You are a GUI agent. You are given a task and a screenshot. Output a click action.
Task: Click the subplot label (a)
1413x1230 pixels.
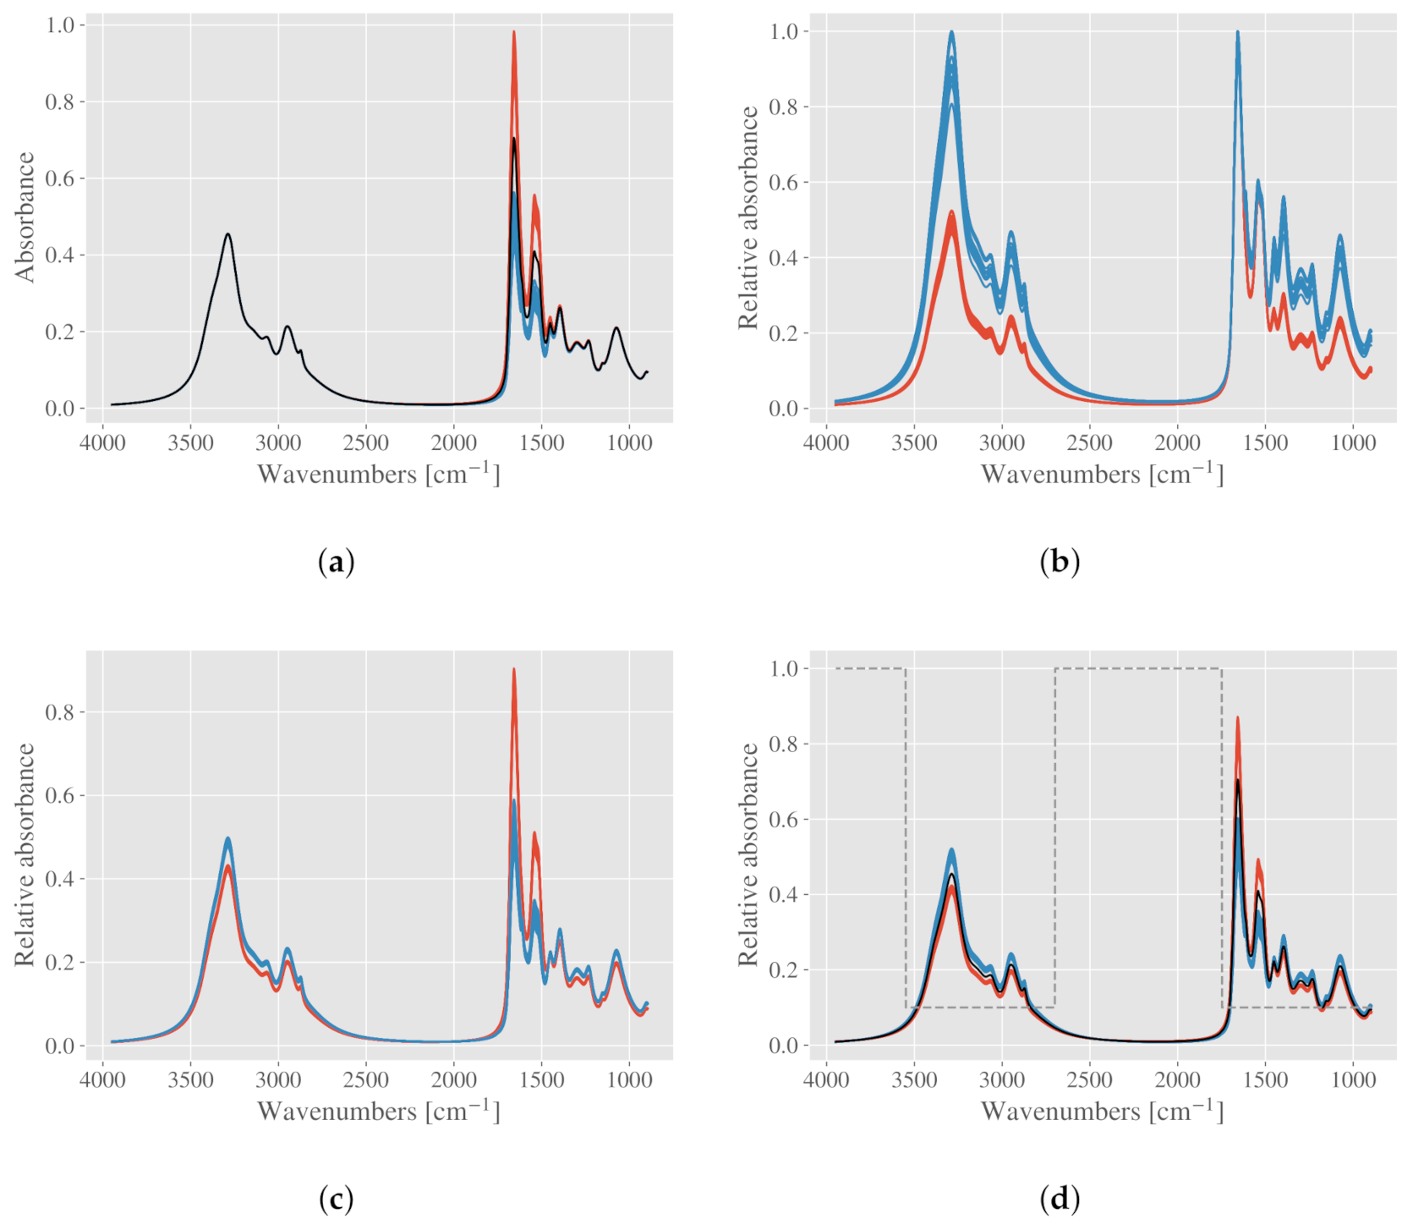336,562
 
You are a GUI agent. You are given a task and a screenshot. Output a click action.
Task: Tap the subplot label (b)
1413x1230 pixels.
1059,562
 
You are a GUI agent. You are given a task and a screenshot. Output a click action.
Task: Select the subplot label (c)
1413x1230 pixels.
336,1198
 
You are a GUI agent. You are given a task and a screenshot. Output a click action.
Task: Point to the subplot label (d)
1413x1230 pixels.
1059,1198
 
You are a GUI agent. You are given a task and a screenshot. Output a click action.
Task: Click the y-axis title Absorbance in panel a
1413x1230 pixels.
25,217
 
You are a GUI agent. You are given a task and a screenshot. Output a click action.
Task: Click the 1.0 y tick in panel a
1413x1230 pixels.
59,25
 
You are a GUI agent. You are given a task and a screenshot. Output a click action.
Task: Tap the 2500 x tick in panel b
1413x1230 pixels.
1089,442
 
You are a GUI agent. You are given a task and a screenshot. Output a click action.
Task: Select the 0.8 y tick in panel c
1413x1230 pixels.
59,712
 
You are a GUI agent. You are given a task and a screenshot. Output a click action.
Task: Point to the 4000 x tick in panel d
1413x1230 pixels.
826,1079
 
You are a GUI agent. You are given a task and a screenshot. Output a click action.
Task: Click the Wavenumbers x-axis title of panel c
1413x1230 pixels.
379,1111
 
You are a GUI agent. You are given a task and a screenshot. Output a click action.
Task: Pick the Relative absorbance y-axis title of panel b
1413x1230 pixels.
748,217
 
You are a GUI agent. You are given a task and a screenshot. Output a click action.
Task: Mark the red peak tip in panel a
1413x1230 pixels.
513,33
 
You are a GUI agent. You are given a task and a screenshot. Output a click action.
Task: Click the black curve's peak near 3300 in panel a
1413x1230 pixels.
227,234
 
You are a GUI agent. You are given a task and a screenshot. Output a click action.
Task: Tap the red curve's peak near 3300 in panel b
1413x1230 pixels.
952,212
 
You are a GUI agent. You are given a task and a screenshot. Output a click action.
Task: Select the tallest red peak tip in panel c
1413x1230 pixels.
513,670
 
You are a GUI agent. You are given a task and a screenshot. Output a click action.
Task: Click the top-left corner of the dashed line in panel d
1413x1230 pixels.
836,668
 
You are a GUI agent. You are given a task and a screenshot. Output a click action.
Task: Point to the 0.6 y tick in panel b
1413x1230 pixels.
783,183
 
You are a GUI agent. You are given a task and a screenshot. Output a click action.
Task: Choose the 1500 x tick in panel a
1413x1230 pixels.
541,442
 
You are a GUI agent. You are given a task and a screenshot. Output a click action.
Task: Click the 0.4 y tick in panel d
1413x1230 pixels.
783,895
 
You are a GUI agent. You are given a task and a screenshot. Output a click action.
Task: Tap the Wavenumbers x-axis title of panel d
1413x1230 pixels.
1102,1111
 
